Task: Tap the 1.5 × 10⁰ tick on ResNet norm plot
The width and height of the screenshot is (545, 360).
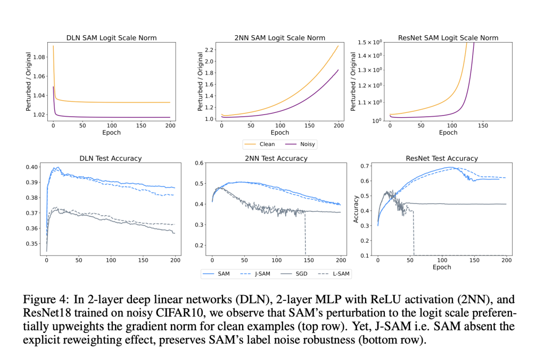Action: [x=368, y=42]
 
